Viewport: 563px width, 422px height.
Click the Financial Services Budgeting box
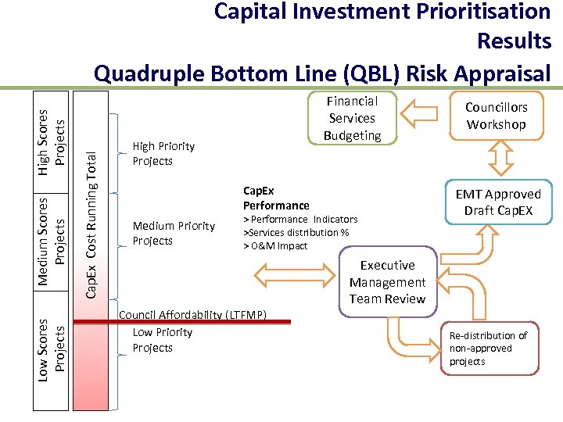(x=352, y=119)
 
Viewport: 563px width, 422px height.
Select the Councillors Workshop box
(x=497, y=116)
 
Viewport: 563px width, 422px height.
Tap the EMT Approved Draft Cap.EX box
(x=497, y=202)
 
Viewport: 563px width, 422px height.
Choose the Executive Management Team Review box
(x=388, y=282)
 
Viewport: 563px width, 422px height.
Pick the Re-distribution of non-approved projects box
(x=488, y=348)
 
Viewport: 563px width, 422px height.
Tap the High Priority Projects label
(x=163, y=153)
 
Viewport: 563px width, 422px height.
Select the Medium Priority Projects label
(x=173, y=233)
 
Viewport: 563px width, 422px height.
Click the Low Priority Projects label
(x=162, y=340)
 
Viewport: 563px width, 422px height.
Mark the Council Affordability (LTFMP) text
(x=192, y=315)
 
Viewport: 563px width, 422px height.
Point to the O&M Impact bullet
(x=276, y=245)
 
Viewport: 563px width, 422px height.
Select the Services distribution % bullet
(x=296, y=232)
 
